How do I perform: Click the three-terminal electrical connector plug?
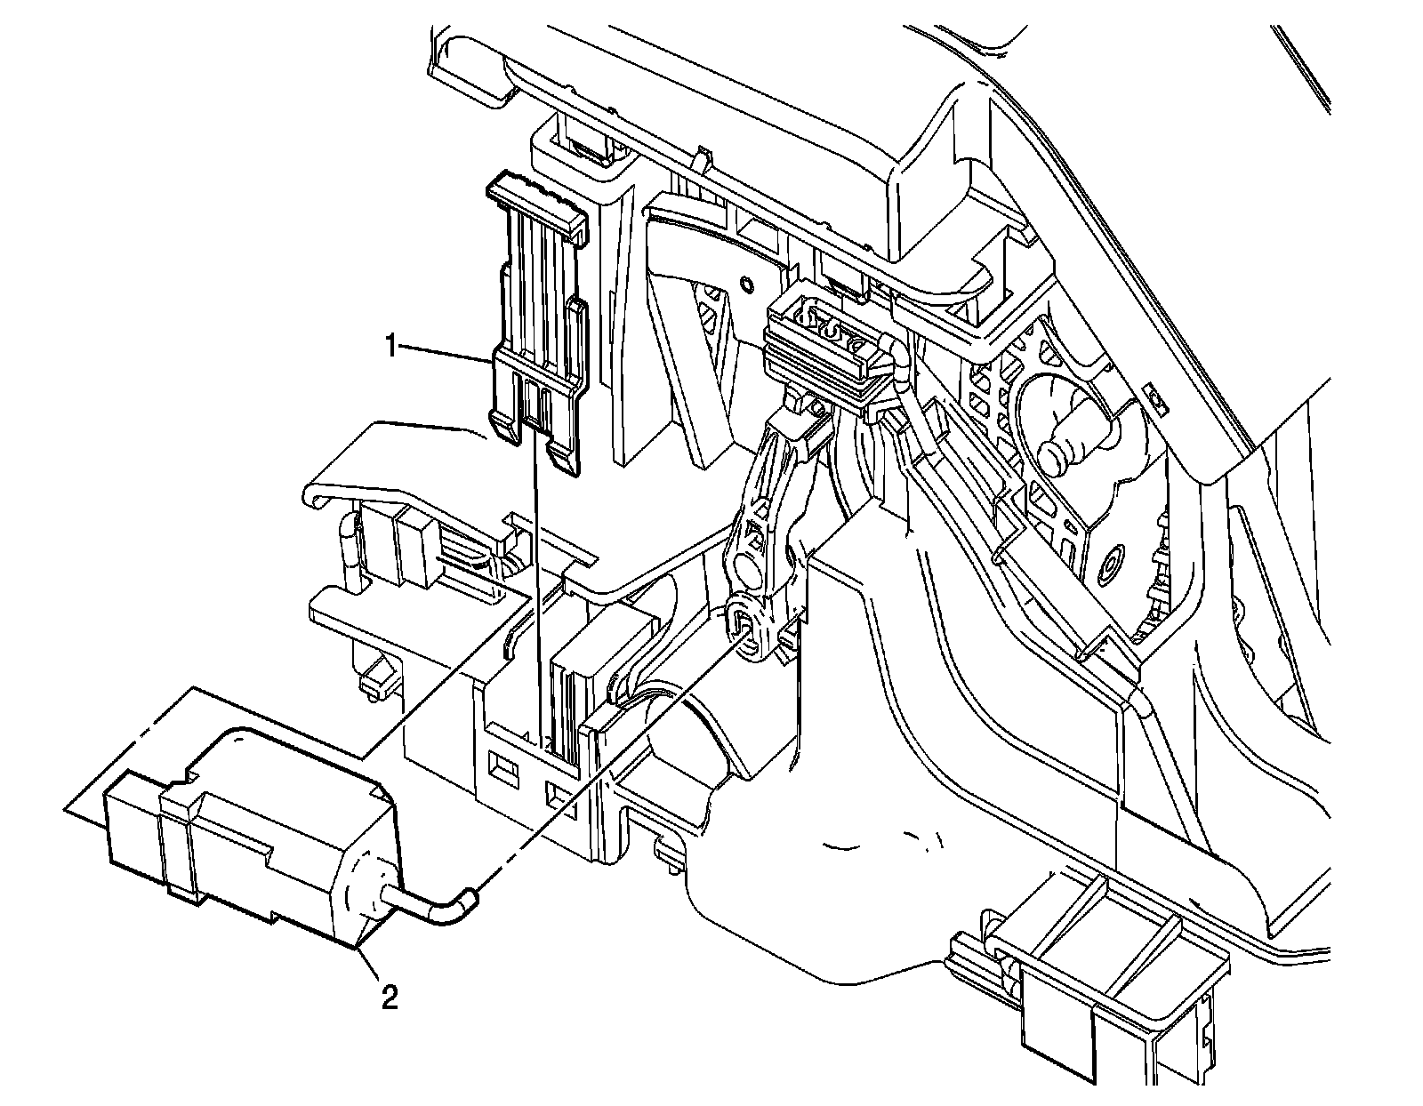coord(827,351)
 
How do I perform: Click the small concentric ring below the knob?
coord(1111,563)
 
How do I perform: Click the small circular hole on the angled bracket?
coord(746,285)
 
